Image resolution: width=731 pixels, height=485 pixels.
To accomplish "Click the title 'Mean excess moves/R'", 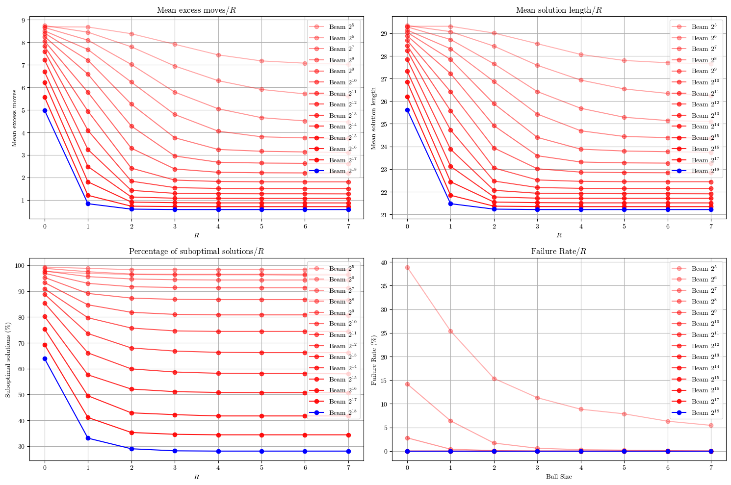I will click(x=196, y=10).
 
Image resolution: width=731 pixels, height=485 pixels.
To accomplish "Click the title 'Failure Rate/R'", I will click(x=559, y=252).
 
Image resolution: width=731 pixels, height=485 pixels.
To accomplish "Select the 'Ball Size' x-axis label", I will click(x=559, y=476).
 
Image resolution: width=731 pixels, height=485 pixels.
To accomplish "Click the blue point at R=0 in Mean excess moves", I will click(x=45, y=110).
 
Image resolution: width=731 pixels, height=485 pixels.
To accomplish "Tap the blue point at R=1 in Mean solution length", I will click(x=450, y=204).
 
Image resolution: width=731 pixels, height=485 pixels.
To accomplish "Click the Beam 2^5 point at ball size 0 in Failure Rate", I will click(x=407, y=267).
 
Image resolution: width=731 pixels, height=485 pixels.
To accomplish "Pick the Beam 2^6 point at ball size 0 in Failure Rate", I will click(x=407, y=384).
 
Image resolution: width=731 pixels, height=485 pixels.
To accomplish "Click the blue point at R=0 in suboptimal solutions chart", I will click(x=45, y=358).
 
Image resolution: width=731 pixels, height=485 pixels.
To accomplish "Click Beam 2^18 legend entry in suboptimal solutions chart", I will click(x=334, y=412).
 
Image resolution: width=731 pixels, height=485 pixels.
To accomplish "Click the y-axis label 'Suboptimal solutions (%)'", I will click(x=8, y=359).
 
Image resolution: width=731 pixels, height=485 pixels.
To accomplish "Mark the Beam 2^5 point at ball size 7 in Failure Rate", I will click(x=711, y=425).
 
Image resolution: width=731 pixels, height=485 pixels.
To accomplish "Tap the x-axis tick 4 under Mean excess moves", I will click(x=218, y=227).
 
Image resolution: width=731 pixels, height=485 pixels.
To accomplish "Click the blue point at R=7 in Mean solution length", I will click(x=711, y=209).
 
